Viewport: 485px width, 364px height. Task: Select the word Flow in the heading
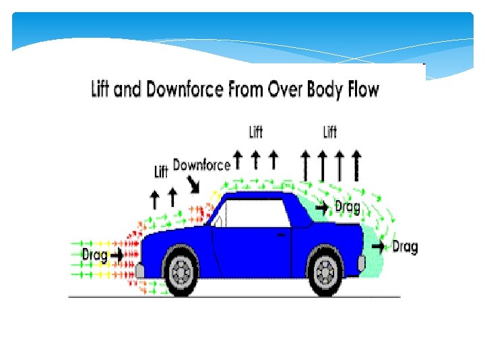tap(360, 89)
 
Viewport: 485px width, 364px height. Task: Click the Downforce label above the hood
tap(202, 164)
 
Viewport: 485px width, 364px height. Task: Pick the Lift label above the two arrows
tap(161, 171)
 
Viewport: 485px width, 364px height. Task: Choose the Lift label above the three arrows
tap(256, 131)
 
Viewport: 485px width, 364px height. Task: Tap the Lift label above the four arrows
tap(329, 131)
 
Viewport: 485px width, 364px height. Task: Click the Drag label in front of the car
tap(94, 255)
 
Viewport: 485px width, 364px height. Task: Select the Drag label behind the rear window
tap(347, 207)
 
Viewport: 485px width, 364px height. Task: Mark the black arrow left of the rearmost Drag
tap(379, 247)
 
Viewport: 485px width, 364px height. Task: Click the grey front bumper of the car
tap(139, 271)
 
